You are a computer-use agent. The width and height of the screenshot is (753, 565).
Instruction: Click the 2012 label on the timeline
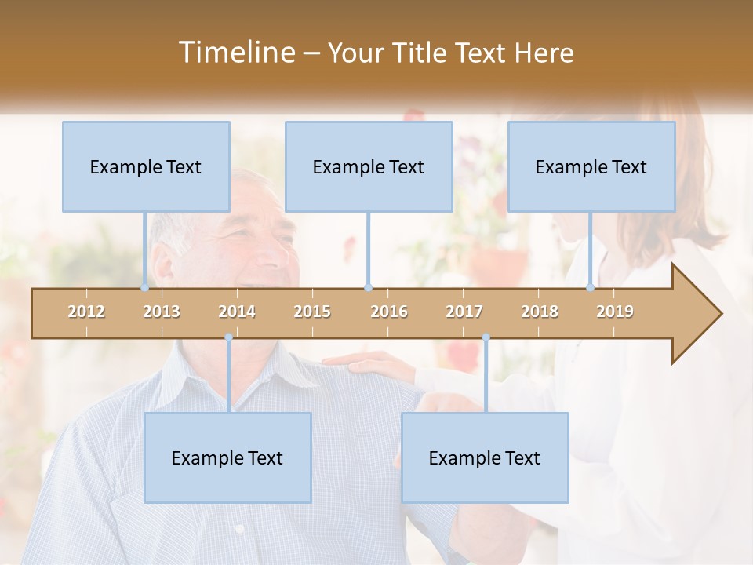pyautogui.click(x=86, y=312)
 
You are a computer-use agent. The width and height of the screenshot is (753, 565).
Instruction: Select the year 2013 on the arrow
pyautogui.click(x=162, y=312)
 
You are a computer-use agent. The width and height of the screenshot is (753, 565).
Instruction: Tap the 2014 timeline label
pyautogui.click(x=237, y=312)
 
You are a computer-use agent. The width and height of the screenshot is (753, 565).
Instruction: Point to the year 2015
pyautogui.click(x=312, y=312)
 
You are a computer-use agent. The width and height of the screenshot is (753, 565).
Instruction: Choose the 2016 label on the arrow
pyautogui.click(x=389, y=312)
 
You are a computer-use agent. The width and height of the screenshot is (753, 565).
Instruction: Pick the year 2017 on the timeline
pyautogui.click(x=464, y=312)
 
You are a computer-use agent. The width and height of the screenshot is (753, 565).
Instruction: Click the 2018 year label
pyautogui.click(x=540, y=312)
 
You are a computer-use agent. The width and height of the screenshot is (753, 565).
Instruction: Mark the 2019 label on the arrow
pyautogui.click(x=615, y=312)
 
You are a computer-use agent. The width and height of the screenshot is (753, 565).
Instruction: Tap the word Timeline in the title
pyautogui.click(x=236, y=53)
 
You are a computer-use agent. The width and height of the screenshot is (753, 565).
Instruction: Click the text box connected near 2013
pyautogui.click(x=146, y=166)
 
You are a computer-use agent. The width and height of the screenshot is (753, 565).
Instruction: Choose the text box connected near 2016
pyautogui.click(x=369, y=166)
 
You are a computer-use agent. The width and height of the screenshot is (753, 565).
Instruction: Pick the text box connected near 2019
pyautogui.click(x=591, y=166)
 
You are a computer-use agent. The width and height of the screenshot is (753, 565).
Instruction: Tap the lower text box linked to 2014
pyautogui.click(x=227, y=457)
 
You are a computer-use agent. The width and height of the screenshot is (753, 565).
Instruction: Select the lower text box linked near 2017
pyautogui.click(x=485, y=457)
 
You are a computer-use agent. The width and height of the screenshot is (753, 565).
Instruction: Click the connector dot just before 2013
pyautogui.click(x=144, y=288)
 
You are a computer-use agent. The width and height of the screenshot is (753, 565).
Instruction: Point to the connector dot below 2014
pyautogui.click(x=228, y=337)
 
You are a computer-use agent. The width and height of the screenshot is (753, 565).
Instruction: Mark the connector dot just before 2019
pyautogui.click(x=590, y=288)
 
